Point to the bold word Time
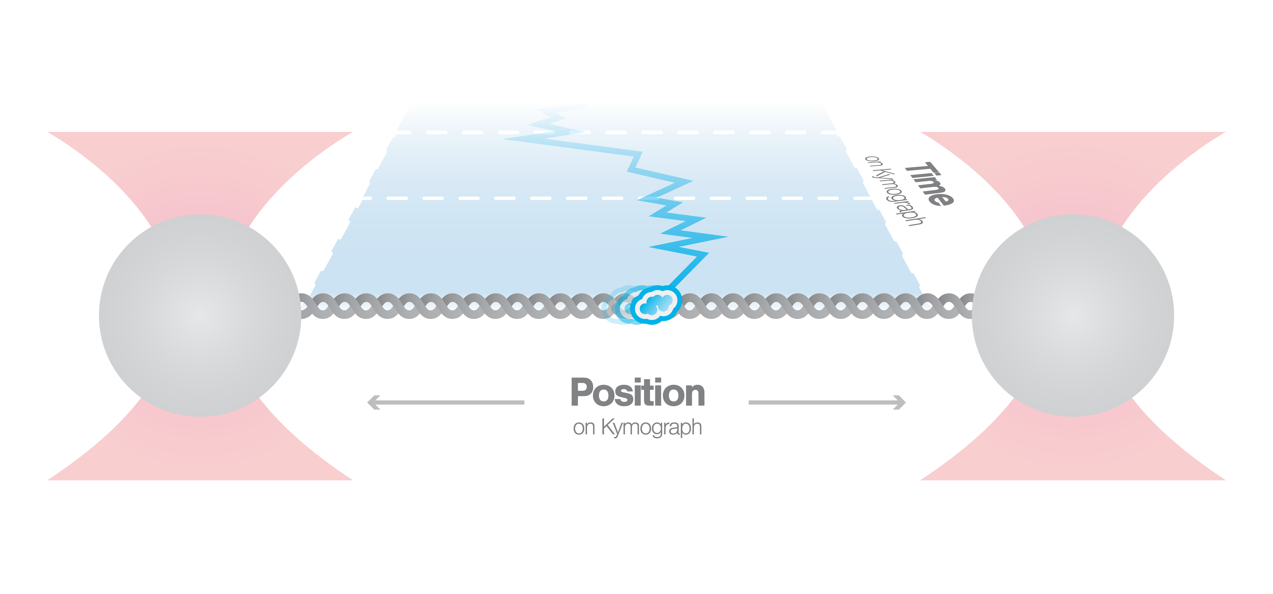[x=929, y=184]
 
